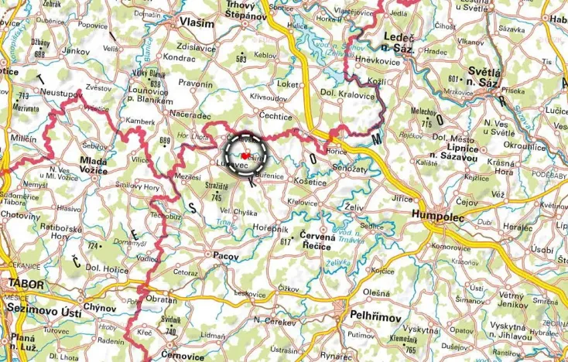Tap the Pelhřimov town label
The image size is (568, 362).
[x=374, y=318]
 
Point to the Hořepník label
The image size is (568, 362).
[x=270, y=229]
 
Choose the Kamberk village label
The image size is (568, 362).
[x=140, y=122]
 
